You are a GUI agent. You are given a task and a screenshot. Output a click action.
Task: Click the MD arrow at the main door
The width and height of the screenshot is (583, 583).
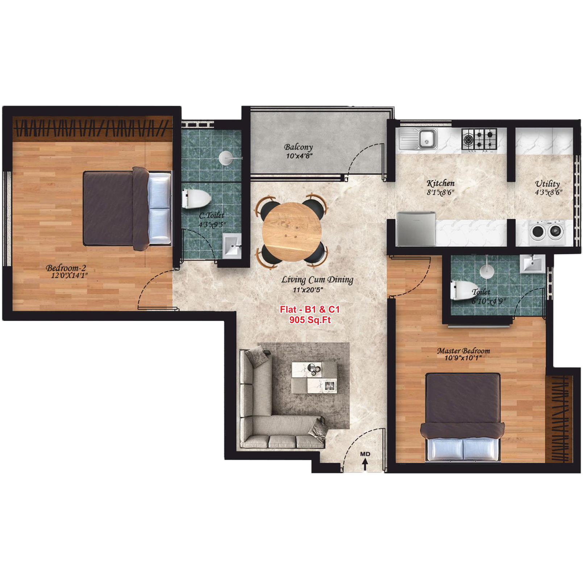(365, 464)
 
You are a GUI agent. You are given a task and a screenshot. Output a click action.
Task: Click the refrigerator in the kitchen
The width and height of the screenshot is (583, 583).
(416, 229)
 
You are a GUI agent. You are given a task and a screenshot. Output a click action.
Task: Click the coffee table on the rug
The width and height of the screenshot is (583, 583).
(315, 377)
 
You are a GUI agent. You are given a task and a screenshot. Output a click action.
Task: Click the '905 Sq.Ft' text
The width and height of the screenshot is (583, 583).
(310, 320)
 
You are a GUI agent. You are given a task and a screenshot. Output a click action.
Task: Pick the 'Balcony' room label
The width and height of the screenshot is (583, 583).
(298, 147)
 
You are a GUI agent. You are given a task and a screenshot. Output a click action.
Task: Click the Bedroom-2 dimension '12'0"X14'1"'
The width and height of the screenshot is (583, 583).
(69, 276)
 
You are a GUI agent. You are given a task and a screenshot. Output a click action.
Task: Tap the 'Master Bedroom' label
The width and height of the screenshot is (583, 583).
(463, 351)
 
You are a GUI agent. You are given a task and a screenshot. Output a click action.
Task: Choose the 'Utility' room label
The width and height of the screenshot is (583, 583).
(547, 184)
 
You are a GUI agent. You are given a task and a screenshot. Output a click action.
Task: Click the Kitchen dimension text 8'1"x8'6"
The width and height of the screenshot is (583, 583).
(440, 192)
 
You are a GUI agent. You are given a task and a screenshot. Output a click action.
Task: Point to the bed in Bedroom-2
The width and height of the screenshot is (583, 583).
(127, 209)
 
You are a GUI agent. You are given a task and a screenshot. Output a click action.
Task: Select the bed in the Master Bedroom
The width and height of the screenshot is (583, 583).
(463, 417)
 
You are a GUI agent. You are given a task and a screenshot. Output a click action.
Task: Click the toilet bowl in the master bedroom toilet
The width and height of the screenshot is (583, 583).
(460, 290)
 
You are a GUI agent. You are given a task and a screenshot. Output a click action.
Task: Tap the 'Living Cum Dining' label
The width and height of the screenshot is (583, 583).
(317, 280)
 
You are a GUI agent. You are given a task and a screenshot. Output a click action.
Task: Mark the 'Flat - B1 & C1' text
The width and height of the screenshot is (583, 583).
(310, 309)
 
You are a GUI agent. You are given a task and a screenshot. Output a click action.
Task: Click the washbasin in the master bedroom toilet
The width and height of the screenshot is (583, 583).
(532, 263)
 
